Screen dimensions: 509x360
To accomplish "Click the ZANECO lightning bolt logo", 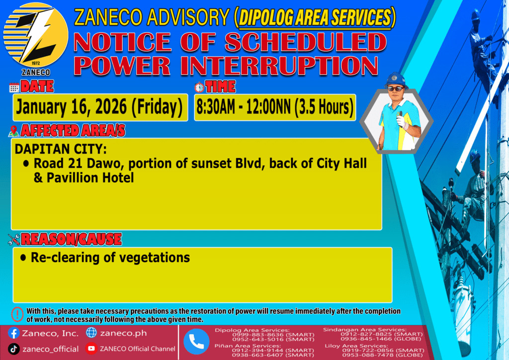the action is coord(36,35).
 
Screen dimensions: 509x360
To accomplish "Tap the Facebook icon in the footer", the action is coord(13,333).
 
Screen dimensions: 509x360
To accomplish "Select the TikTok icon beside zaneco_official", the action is coord(13,349).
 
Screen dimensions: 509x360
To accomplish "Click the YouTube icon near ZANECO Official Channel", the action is coord(91,349).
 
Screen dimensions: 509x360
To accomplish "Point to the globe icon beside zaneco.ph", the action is coord(91,333).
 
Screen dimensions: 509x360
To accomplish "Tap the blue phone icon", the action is coord(196,342).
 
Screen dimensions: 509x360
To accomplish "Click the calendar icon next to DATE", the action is coord(14,88).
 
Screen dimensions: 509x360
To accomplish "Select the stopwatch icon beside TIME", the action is coord(199,88).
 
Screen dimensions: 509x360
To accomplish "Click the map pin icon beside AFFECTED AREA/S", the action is coord(13,131).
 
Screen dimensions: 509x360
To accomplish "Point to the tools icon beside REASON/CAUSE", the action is coord(14,240).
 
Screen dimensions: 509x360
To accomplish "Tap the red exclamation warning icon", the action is coord(17,314).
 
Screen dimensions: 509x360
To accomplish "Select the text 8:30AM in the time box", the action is coord(216,107).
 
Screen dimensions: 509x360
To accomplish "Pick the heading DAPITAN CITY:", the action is coord(61,149).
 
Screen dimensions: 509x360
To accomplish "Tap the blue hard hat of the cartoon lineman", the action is coord(395,80).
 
